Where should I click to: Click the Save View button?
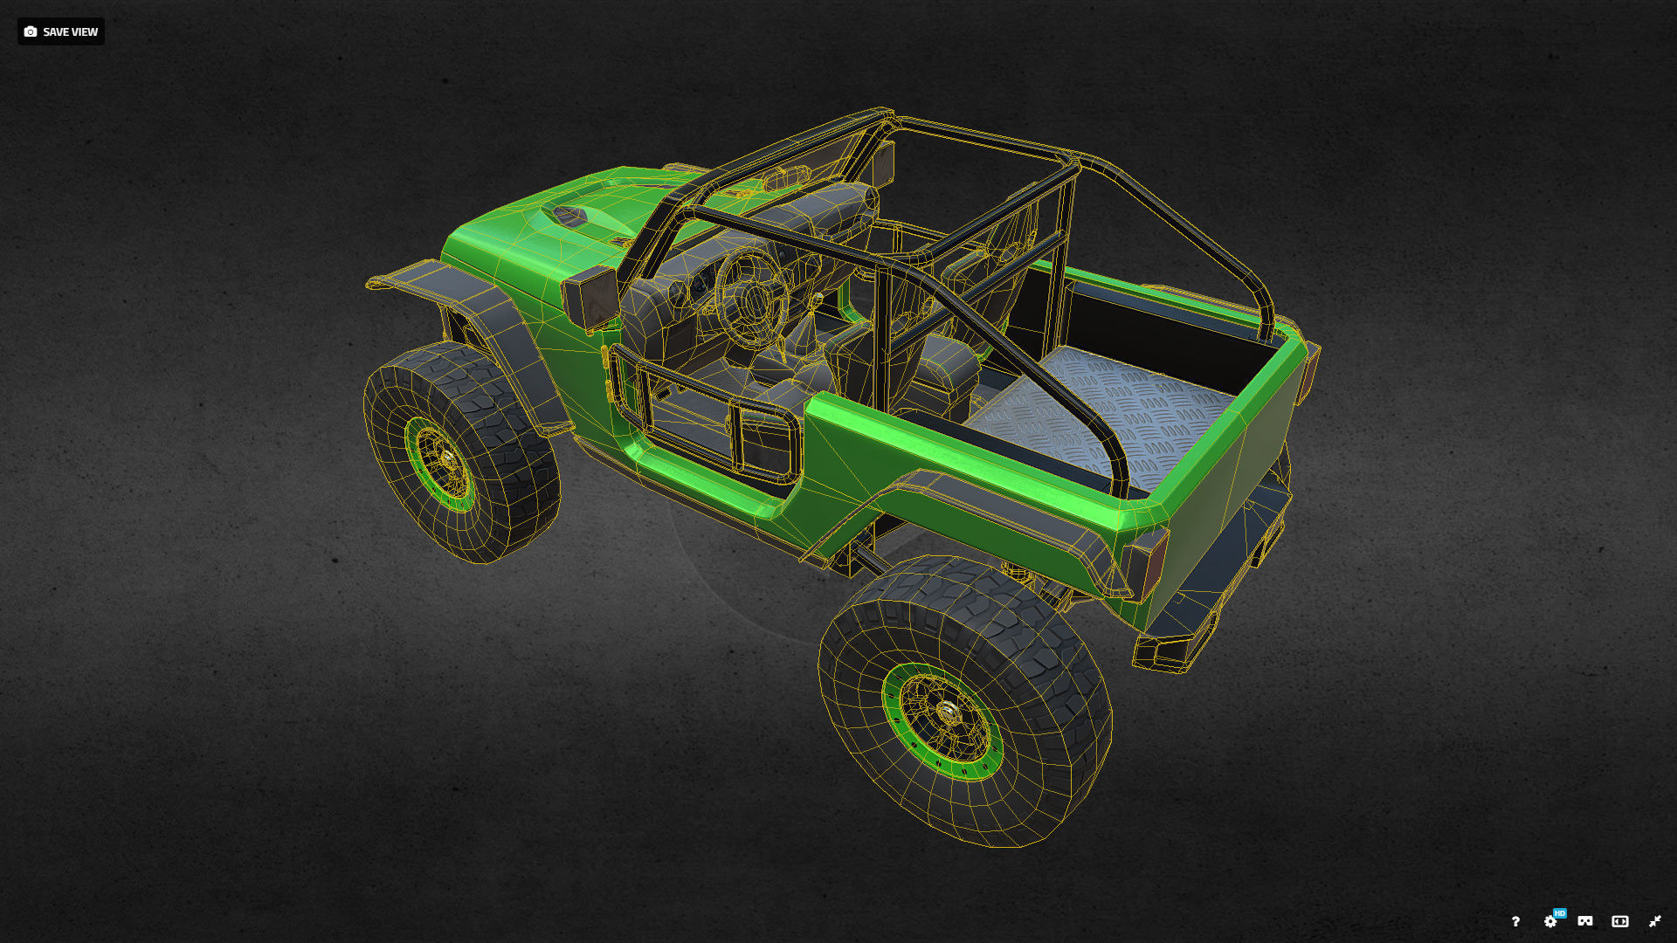tap(61, 31)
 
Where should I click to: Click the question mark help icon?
tap(1515, 921)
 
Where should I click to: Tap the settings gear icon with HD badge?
tap(1550, 921)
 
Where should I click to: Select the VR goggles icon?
tap(1585, 921)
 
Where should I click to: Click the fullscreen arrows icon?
tap(1654, 921)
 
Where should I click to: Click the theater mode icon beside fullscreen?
tap(1620, 921)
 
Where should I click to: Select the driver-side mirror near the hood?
tap(590, 297)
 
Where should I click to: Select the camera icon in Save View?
tap(31, 31)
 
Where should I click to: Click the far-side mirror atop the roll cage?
tap(882, 163)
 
